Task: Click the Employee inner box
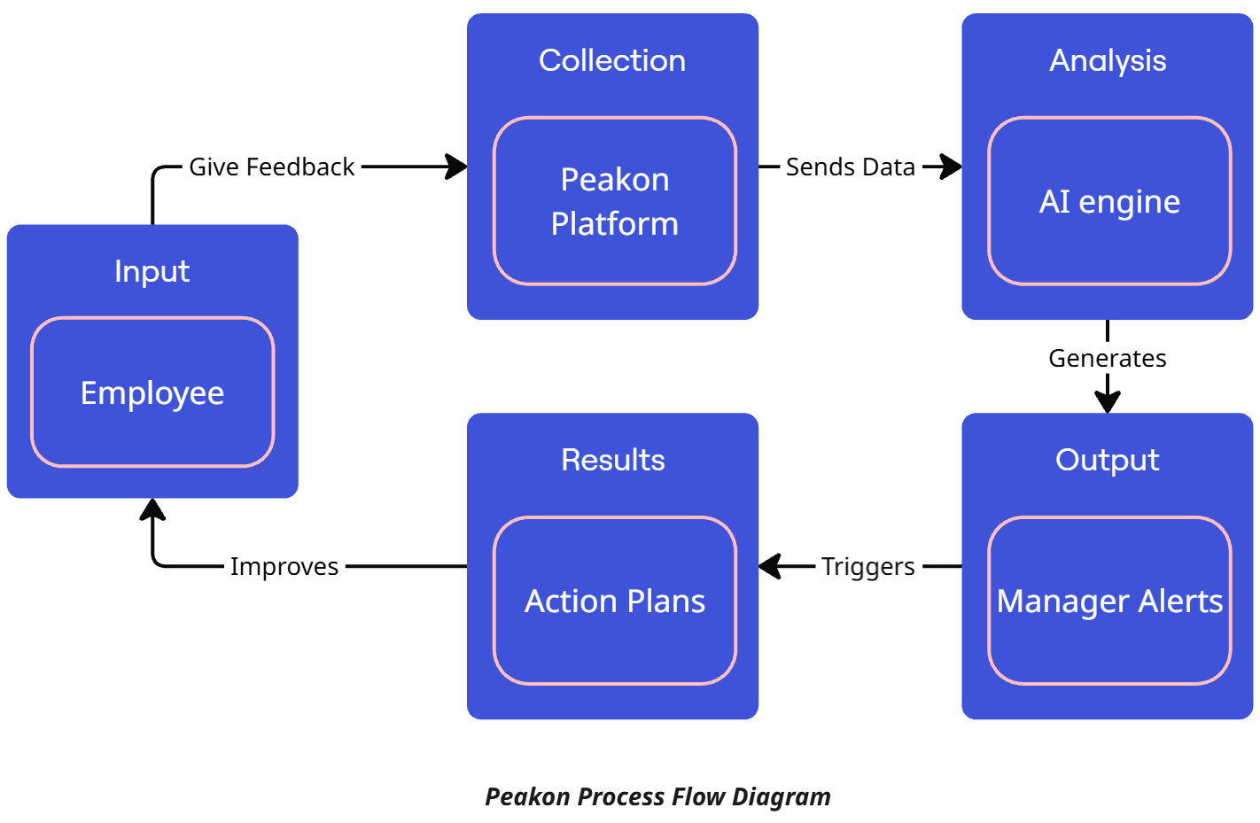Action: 152,392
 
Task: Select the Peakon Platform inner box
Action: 614,201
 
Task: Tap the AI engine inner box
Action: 1108,201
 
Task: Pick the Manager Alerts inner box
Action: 1108,601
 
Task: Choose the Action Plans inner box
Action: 614,601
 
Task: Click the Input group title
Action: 152,271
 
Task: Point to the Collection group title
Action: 611,60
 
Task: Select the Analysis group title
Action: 1107,60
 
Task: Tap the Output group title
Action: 1107,460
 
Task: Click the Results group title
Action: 612,460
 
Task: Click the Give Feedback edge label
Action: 271,167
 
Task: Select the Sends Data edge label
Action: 850,167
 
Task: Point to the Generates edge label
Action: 1107,358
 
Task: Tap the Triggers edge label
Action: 867,566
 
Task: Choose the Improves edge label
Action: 284,566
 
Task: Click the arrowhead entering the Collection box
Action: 457,167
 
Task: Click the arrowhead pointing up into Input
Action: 152,509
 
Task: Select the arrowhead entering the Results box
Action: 770,566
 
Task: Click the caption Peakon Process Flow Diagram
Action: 657,796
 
